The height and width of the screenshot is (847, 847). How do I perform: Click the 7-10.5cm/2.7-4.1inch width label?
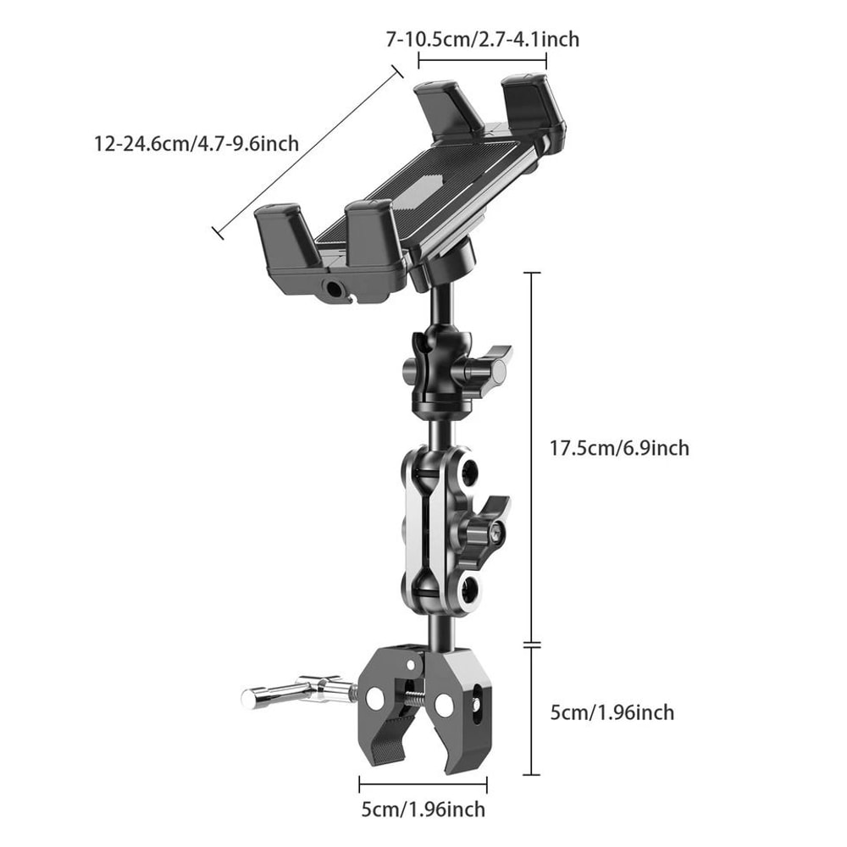coord(482,38)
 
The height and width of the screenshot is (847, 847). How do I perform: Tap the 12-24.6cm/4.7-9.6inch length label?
coord(197,143)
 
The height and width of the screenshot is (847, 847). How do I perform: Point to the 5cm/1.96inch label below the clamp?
coord(423,809)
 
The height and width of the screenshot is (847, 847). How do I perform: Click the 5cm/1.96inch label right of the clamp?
coord(612,711)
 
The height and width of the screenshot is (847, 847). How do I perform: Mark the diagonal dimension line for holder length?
coord(307,152)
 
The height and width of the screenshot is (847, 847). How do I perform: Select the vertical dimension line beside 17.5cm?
coord(532,457)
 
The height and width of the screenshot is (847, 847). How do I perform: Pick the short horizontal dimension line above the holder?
coord(482,59)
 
